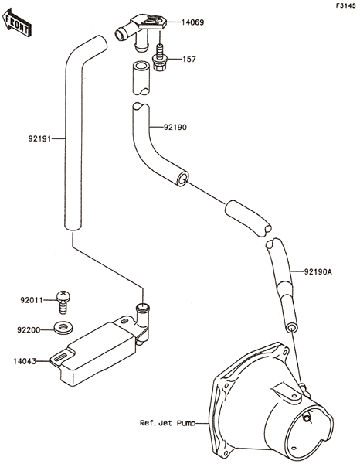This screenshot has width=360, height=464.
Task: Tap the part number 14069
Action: (192, 22)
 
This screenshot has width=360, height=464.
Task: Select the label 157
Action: (189, 60)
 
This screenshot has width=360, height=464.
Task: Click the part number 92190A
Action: (318, 271)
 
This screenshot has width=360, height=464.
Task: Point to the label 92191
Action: (40, 138)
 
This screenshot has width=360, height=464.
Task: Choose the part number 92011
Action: (32, 300)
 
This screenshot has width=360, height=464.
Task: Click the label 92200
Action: (29, 330)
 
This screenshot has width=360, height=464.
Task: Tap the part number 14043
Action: (25, 361)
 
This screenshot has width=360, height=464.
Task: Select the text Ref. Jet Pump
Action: (168, 423)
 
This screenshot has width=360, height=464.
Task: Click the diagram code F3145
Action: (345, 5)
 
